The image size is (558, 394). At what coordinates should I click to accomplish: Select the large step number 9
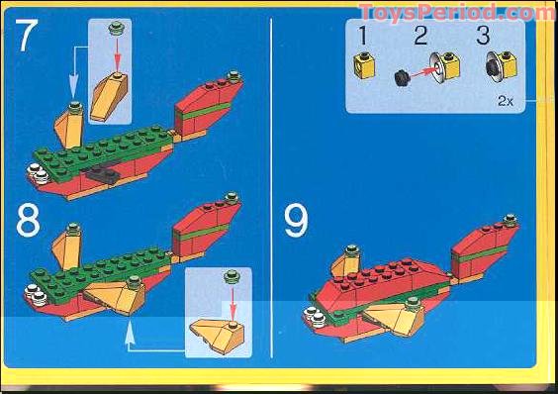(296, 220)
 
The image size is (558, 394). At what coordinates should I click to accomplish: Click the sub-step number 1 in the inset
(361, 37)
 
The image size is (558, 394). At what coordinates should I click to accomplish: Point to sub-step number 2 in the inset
(419, 37)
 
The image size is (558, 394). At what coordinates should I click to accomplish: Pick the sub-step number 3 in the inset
(483, 37)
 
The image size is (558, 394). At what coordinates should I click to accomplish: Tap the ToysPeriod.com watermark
(457, 12)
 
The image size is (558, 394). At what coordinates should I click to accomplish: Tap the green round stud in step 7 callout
(118, 29)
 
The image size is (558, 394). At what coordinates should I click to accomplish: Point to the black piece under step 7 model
(102, 176)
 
